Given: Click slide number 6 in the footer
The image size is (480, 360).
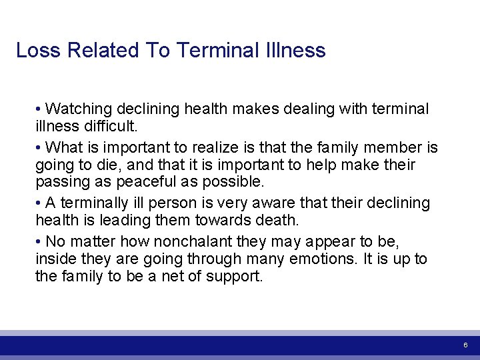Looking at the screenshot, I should (x=465, y=345).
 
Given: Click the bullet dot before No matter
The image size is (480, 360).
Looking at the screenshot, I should (x=39, y=241).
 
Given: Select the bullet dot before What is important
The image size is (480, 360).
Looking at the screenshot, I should (x=39, y=147).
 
